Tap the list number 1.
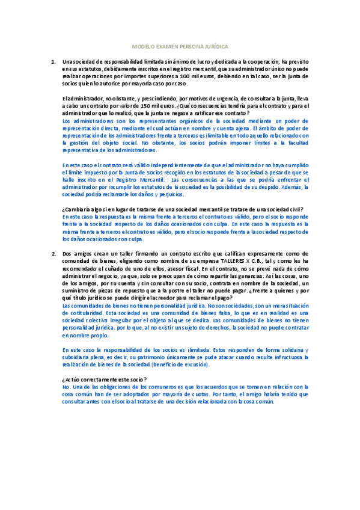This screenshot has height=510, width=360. (53, 61)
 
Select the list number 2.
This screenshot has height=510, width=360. (53, 254)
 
